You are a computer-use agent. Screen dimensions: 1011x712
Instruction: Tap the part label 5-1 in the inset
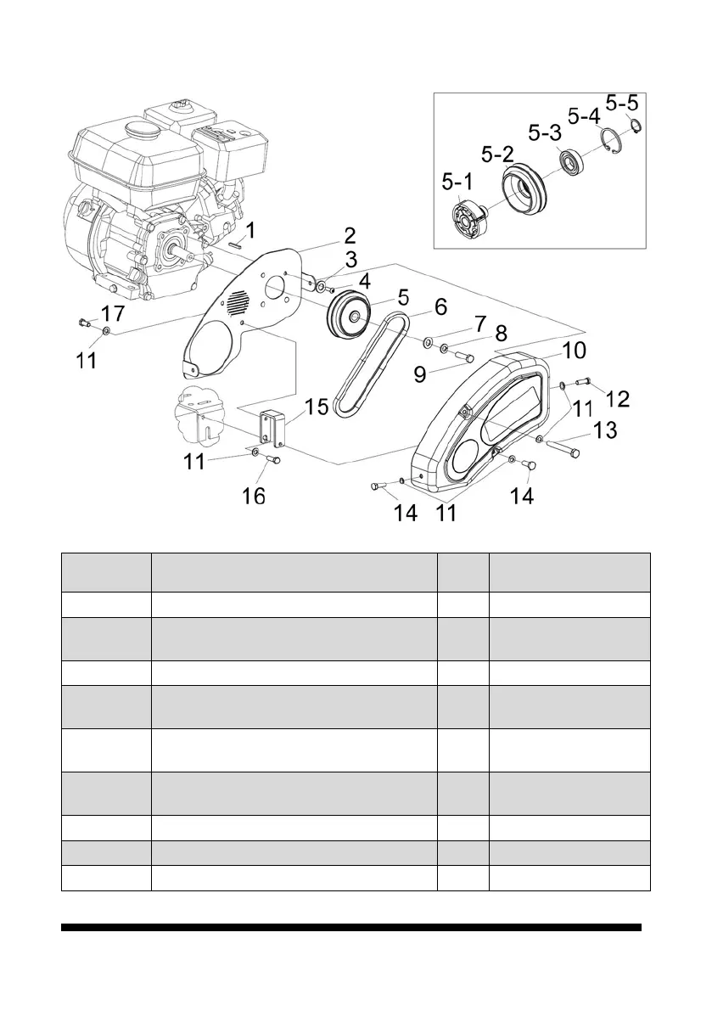pos(459,183)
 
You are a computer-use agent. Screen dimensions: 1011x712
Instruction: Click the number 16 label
pos(254,495)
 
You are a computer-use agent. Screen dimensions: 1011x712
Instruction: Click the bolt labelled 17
pos(83,323)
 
